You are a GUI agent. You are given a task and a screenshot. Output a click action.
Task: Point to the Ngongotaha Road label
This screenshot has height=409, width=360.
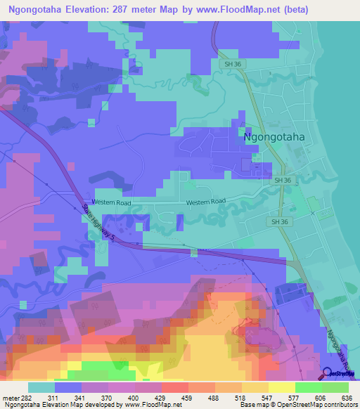point(340,346)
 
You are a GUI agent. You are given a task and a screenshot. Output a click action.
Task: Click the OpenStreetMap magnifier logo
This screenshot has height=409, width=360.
point(328,372)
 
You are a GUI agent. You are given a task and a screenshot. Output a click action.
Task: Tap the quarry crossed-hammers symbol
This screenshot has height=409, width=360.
point(313,211)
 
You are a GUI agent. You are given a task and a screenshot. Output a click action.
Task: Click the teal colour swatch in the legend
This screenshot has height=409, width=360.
point(41,387)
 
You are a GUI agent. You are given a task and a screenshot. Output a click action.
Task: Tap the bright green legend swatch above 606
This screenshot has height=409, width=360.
point(307,387)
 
